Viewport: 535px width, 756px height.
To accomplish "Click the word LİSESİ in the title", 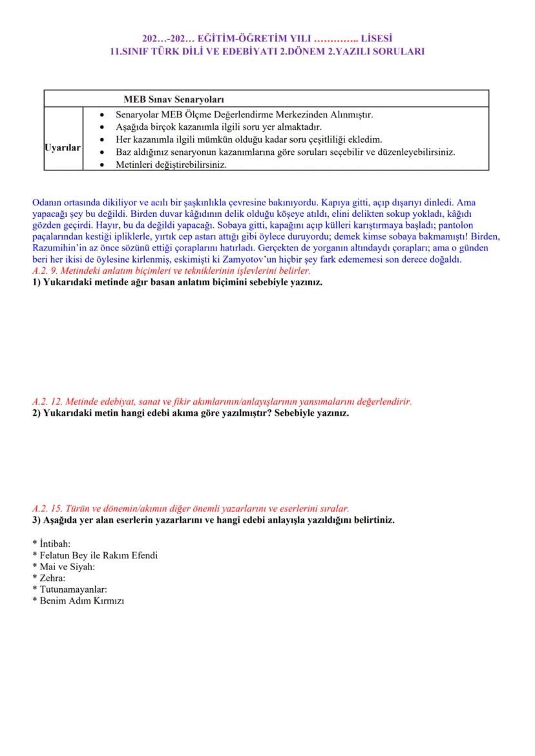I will (x=377, y=39).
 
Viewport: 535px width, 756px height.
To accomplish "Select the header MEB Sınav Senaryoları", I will (x=173, y=99).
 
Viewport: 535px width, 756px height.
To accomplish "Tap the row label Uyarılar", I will (x=63, y=148).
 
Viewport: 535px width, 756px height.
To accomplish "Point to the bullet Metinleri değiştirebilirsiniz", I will (x=171, y=165).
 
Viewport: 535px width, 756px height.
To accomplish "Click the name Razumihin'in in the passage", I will (x=59, y=247).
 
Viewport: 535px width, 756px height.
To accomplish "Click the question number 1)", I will (x=37, y=283).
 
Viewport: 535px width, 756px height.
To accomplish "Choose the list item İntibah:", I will (x=54, y=544).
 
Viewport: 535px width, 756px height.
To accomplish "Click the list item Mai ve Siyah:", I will (x=66, y=567).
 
